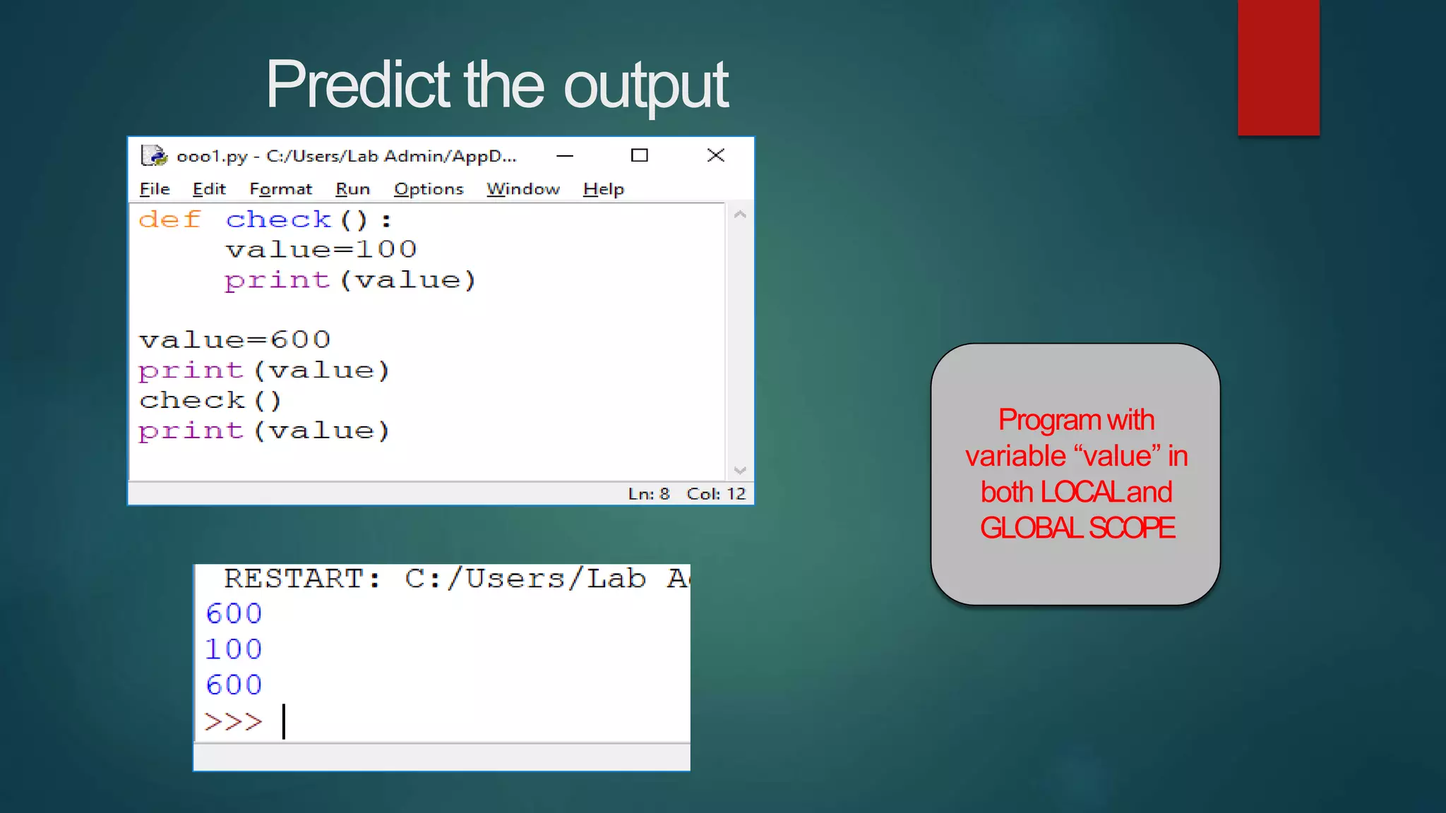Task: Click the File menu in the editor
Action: click(x=155, y=189)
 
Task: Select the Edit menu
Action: click(x=209, y=189)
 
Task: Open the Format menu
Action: click(x=280, y=189)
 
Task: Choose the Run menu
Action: click(x=352, y=189)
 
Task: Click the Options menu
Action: click(x=429, y=189)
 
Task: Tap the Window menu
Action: click(x=522, y=189)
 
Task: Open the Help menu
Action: click(x=604, y=189)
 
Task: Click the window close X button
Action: click(x=716, y=155)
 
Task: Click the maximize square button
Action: click(x=640, y=155)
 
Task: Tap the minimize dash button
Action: click(x=565, y=156)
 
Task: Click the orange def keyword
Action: click(x=169, y=219)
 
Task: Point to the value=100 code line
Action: click(x=321, y=249)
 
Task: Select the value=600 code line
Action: click(x=234, y=340)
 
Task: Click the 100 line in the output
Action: click(x=234, y=649)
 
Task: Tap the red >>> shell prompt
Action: click(x=233, y=721)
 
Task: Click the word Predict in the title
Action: click(x=357, y=85)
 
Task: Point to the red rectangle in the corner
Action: click(x=1278, y=67)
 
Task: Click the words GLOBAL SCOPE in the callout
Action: click(x=1077, y=528)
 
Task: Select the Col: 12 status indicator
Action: click(x=716, y=494)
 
